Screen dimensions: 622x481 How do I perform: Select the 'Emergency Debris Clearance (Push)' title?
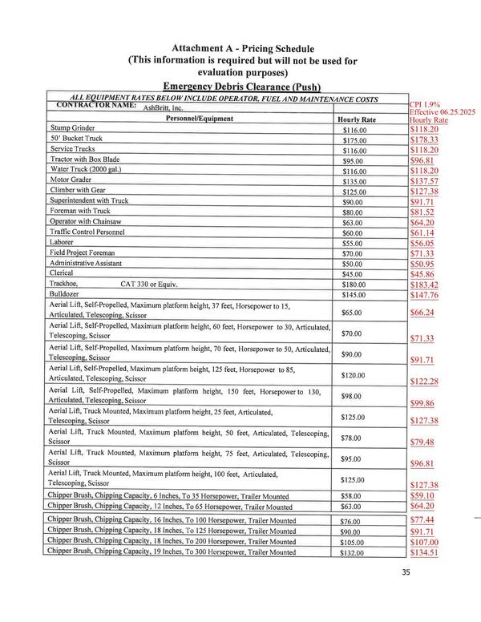pyautogui.click(x=241, y=86)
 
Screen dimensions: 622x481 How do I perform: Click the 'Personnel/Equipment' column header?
pyautogui.click(x=199, y=119)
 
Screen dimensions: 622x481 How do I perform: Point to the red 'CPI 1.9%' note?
pyautogui.click(x=426, y=104)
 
